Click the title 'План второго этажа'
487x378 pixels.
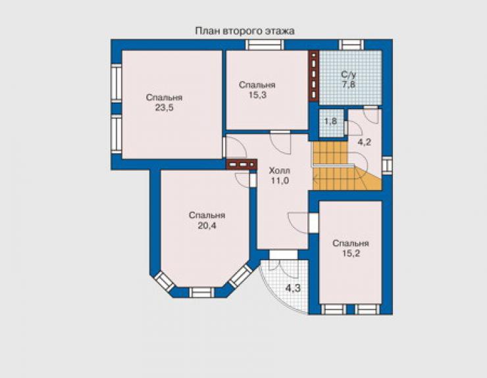[x=245, y=31]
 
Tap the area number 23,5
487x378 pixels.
[x=165, y=108]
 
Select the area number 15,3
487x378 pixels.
[x=257, y=95]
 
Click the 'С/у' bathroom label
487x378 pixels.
[x=349, y=75]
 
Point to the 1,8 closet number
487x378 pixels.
[x=330, y=121]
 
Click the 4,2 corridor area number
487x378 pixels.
[x=365, y=143]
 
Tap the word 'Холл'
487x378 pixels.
[x=280, y=171]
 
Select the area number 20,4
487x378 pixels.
[x=207, y=225]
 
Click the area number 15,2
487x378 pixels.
[x=351, y=253]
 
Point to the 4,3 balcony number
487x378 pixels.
[x=294, y=288]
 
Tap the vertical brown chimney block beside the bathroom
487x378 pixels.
[x=314, y=76]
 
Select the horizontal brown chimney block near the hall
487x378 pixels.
[x=242, y=164]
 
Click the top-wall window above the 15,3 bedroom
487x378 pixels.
[x=265, y=45]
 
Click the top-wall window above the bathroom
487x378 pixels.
[x=351, y=45]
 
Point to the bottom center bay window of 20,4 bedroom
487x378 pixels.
[x=201, y=293]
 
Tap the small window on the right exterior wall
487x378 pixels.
[x=387, y=166]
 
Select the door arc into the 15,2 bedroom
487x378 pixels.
[x=297, y=223]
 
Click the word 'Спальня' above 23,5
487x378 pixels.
[x=165, y=97]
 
